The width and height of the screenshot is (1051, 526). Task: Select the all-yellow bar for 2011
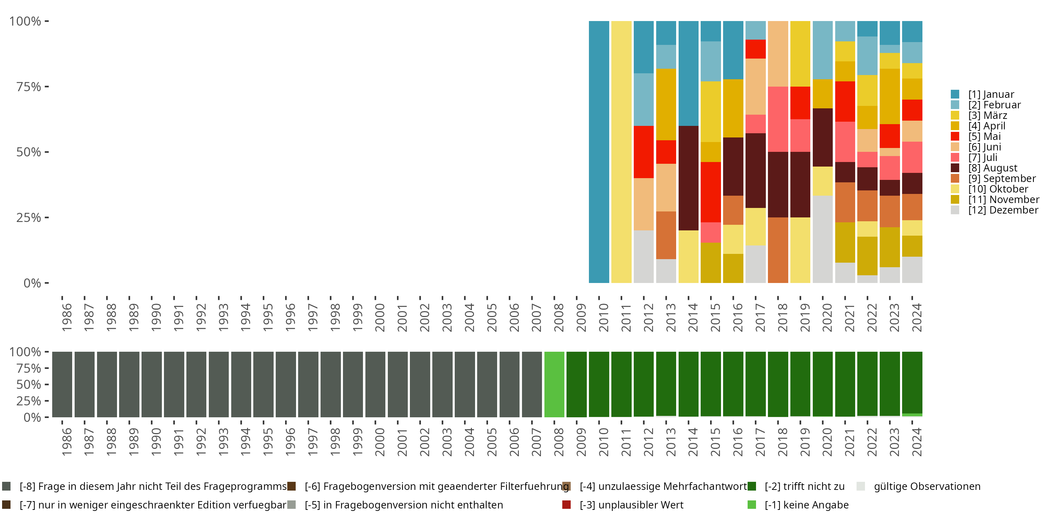(621, 151)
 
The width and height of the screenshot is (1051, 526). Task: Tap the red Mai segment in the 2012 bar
(644, 151)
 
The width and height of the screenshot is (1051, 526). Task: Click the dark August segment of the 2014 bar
(688, 178)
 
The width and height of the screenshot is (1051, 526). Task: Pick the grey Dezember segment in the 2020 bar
(823, 239)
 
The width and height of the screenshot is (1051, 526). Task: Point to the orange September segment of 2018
(778, 250)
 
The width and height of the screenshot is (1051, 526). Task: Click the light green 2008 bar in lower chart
(554, 384)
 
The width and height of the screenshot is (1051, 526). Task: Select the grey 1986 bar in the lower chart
(62, 384)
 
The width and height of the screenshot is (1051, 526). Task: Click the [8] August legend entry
(992, 168)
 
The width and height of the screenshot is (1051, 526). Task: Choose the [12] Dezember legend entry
(1003, 210)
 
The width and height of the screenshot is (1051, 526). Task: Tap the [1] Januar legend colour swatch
(955, 94)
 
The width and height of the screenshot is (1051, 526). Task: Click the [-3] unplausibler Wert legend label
(631, 505)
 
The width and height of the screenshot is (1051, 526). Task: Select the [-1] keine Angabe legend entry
(806, 505)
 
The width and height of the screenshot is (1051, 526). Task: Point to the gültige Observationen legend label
(927, 486)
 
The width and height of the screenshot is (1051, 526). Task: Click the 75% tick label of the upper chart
(29, 87)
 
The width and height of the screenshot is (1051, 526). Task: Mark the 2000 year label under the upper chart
(380, 317)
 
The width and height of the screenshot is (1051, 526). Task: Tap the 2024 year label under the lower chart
(916, 442)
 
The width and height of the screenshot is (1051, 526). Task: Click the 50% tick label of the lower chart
(29, 384)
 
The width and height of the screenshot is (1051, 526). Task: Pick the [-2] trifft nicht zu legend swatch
(751, 486)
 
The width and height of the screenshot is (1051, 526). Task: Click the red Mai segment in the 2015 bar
(711, 192)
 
